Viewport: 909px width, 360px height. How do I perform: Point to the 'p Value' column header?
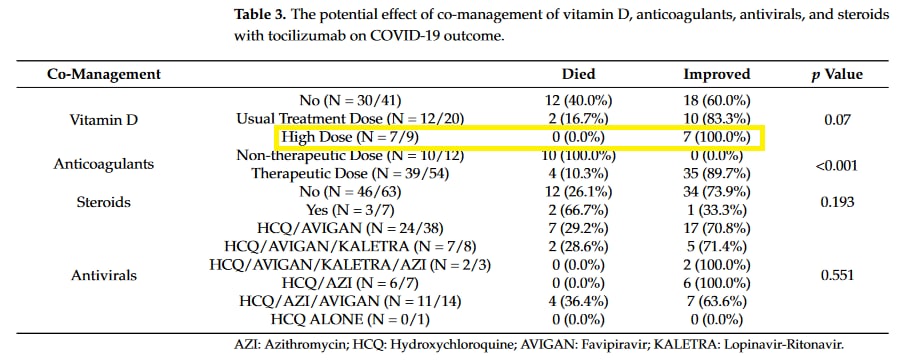[836, 75]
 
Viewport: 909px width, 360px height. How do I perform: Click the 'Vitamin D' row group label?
[104, 119]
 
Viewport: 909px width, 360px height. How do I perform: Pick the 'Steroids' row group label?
[104, 201]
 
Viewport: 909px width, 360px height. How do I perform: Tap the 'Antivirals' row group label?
[104, 273]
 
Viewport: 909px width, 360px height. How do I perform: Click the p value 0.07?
[836, 119]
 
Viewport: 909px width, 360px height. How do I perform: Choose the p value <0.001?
[835, 165]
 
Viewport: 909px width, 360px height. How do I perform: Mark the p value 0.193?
[836, 201]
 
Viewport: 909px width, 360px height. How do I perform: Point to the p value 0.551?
[836, 273]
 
